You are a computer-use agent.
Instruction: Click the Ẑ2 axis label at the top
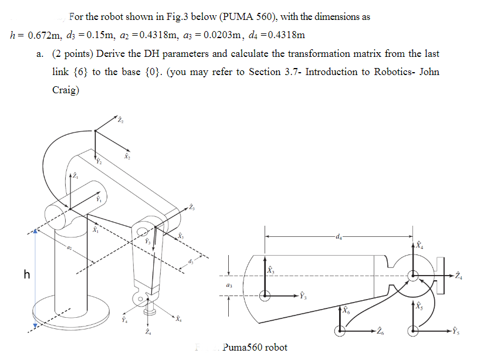coord(120,121)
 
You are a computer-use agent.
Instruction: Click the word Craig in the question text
coord(65,90)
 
